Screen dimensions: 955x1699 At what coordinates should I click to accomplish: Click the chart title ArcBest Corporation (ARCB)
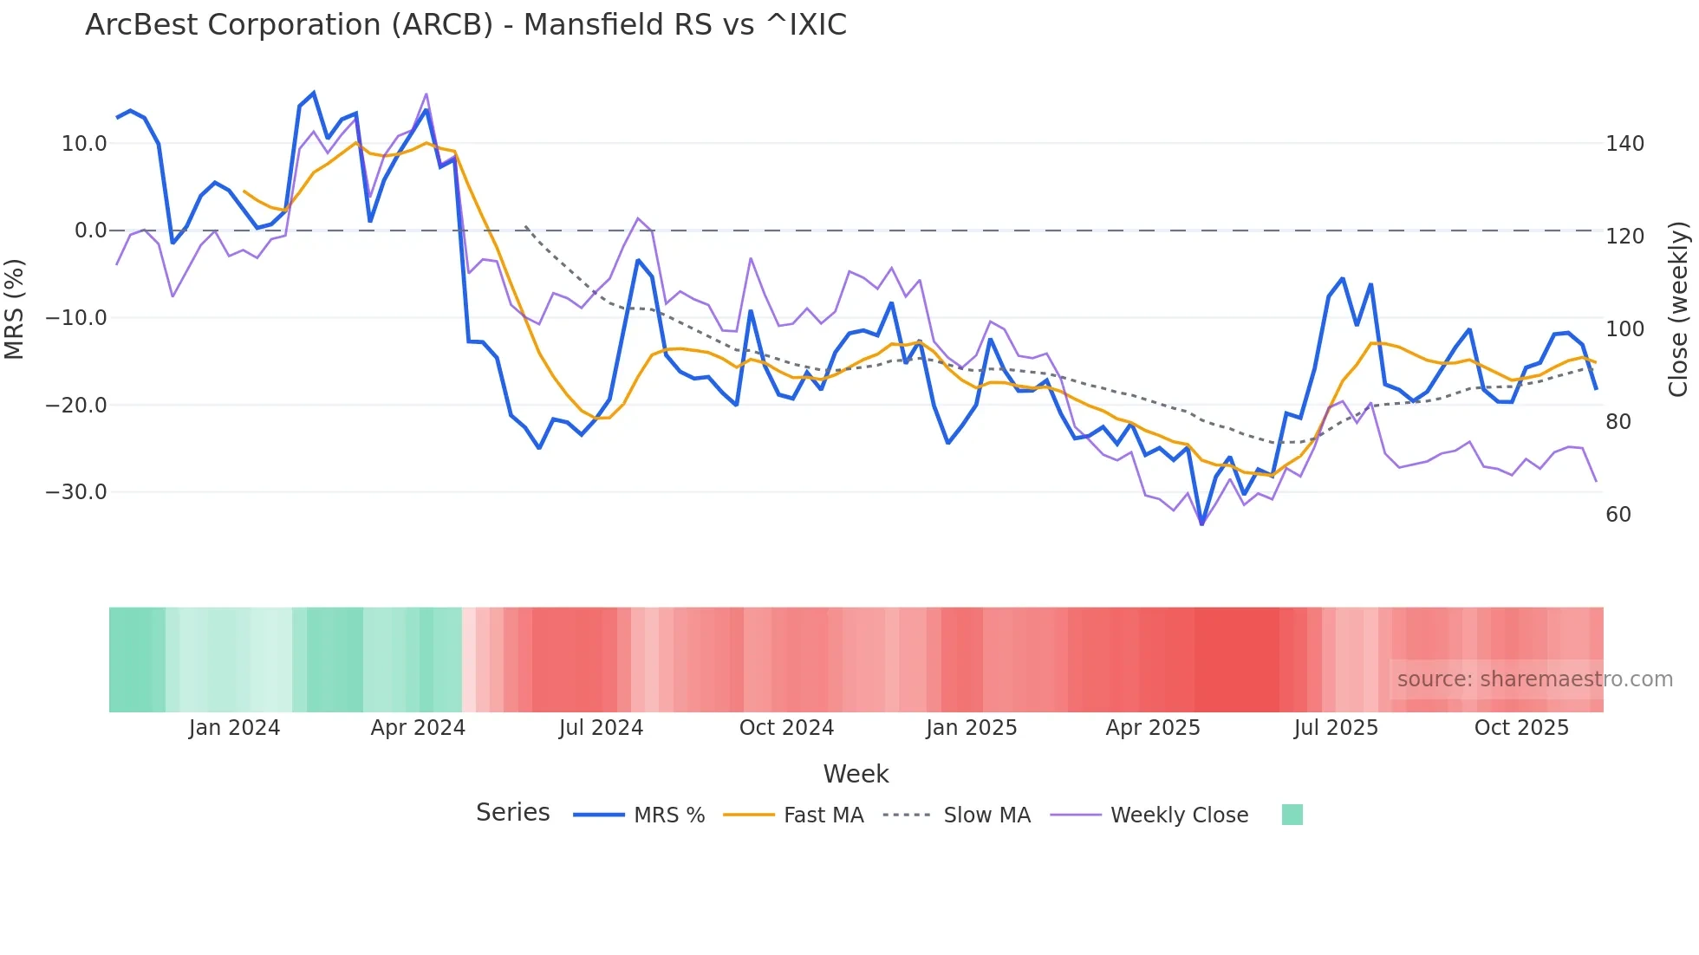coord(465,25)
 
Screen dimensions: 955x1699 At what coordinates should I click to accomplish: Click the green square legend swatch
coord(1292,815)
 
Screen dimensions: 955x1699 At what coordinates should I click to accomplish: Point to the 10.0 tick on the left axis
coord(84,144)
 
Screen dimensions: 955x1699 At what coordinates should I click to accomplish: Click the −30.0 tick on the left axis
coord(76,492)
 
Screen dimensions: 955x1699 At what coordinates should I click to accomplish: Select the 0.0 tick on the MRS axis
coord(90,231)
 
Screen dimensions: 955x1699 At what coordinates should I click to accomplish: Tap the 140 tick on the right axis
coord(1624,144)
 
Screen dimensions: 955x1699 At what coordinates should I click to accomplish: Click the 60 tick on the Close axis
coord(1618,515)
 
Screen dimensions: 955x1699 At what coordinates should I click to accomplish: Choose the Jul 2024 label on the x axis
coord(601,728)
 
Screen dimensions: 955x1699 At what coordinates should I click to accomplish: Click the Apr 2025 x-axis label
coord(1152,728)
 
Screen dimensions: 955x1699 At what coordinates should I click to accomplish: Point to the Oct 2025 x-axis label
coord(1521,728)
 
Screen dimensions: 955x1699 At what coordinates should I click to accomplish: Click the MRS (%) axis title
coord(15,309)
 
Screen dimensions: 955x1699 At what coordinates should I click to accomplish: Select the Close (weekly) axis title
coord(1678,309)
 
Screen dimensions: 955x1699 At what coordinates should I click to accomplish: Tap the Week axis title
coord(856,774)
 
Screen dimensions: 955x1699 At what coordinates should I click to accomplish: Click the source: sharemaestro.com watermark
coord(1534,679)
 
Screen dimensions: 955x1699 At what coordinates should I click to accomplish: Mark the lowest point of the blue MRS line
coord(1201,523)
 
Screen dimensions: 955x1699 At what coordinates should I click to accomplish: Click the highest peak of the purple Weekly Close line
coord(426,94)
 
